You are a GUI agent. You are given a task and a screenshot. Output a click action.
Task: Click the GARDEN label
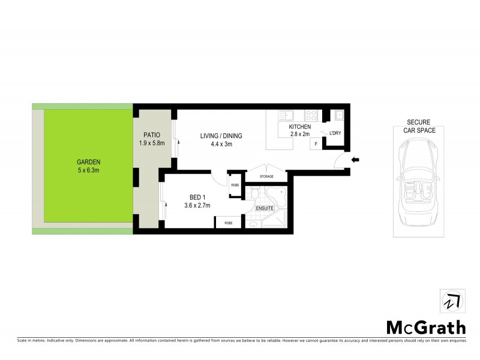pyautogui.click(x=88, y=162)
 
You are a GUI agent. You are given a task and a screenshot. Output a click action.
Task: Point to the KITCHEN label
pyautogui.click(x=299, y=128)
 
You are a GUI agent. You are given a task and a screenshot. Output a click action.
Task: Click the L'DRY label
pyautogui.click(x=334, y=133)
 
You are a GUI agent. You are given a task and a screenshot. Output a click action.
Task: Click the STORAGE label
pyautogui.click(x=267, y=176)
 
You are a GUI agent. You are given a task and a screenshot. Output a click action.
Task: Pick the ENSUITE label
pyautogui.click(x=265, y=208)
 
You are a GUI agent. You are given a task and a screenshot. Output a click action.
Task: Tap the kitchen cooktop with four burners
pyautogui.click(x=311, y=114)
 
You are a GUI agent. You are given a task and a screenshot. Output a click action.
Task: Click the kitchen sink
pyautogui.click(x=287, y=114)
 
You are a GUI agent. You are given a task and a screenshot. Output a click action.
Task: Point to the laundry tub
pyautogui.click(x=339, y=115)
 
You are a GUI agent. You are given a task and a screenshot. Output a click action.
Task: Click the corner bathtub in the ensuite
pyautogui.click(x=277, y=196)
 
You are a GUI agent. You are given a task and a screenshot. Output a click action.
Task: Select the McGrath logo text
pyautogui.click(x=425, y=328)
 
